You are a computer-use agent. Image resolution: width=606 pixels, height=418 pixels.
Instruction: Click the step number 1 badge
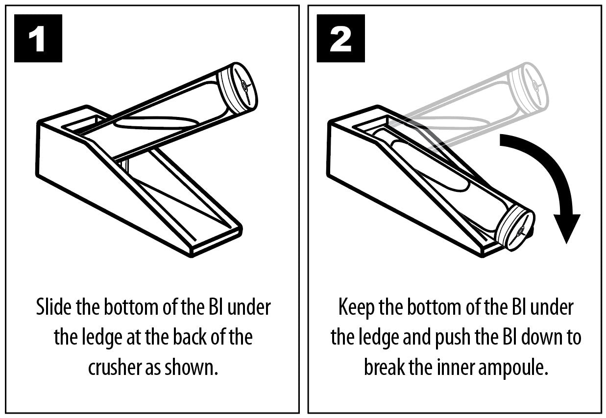[38, 38]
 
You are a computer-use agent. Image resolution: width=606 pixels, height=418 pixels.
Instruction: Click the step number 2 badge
[340, 38]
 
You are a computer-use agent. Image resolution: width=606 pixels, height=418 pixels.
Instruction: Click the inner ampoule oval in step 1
[157, 122]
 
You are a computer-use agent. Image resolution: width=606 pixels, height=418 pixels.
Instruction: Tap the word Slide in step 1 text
[54, 307]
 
